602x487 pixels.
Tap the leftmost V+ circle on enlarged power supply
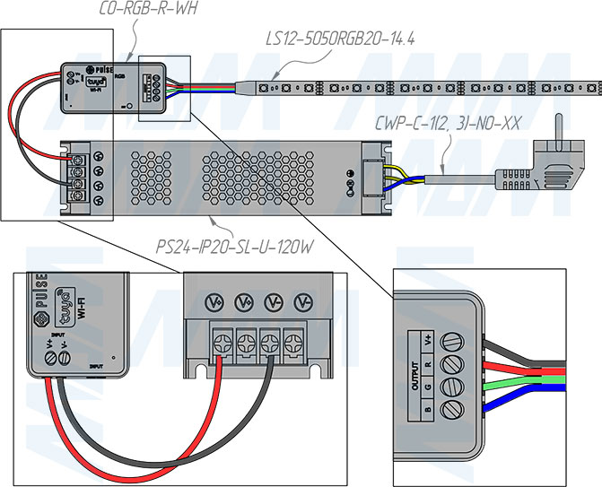(x=215, y=300)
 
